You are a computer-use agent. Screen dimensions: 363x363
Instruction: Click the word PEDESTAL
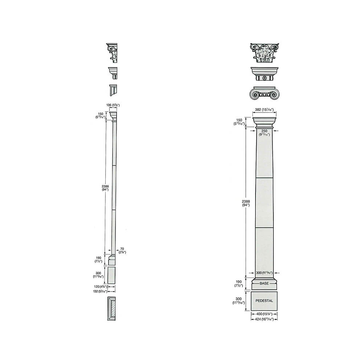[x=264, y=301]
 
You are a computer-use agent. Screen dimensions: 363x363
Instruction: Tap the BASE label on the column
[x=264, y=283]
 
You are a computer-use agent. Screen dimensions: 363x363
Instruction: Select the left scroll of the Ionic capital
[x=256, y=94]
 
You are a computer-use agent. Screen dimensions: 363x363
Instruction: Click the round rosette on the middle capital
[x=264, y=78]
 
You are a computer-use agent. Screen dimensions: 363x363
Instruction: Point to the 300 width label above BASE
[x=264, y=273]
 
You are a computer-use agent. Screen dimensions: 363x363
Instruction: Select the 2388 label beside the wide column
[x=245, y=203]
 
